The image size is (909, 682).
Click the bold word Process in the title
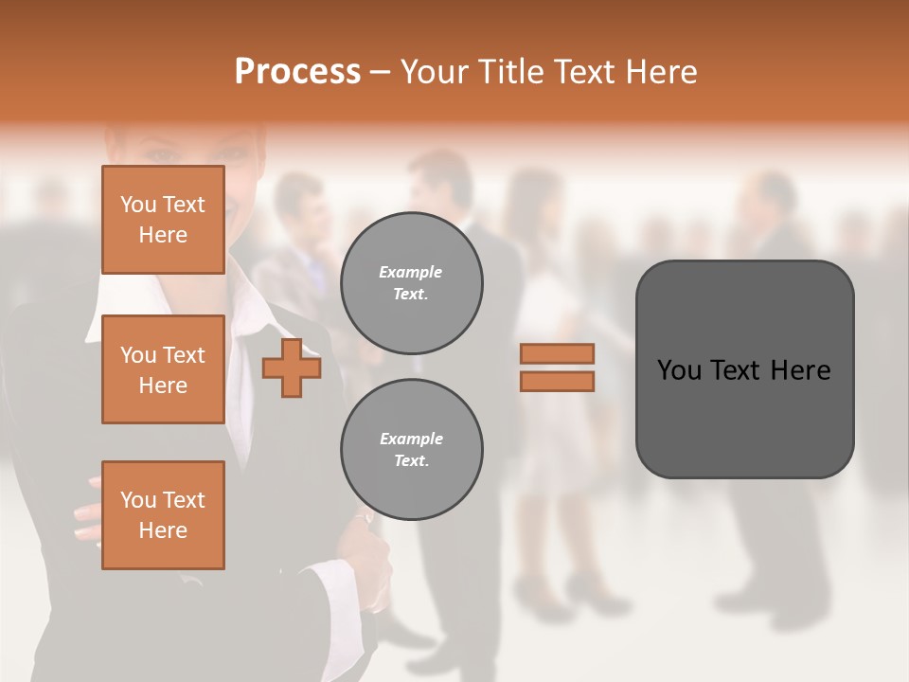click(x=297, y=71)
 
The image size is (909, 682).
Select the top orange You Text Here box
click(x=163, y=220)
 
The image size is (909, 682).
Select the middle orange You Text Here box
click(x=163, y=369)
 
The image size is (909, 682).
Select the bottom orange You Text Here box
click(x=163, y=515)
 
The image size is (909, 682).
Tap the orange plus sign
click(x=292, y=368)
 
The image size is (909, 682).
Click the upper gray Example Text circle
click(x=412, y=283)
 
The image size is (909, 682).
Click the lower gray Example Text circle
click(x=412, y=450)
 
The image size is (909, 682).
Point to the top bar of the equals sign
click(x=558, y=354)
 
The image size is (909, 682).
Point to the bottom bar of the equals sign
click(x=558, y=381)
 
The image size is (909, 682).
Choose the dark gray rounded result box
click(x=744, y=369)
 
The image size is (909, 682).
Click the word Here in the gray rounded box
click(x=800, y=370)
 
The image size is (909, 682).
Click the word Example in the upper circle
click(x=411, y=272)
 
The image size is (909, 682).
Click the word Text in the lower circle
click(x=410, y=461)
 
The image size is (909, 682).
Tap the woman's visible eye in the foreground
click(x=162, y=153)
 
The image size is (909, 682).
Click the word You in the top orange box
click(x=138, y=205)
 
